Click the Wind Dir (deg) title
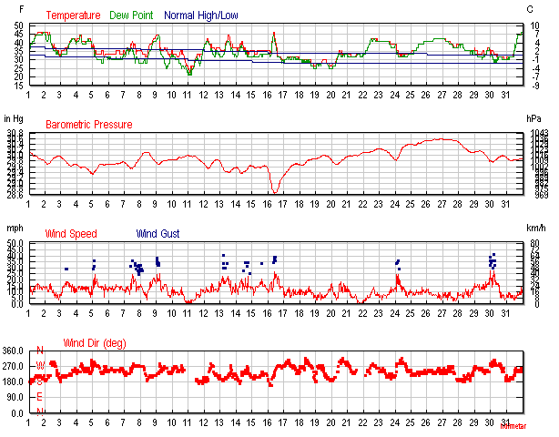[94, 343]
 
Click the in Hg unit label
[14, 118]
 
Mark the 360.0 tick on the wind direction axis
[14, 351]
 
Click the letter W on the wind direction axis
[39, 366]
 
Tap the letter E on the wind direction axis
[39, 397]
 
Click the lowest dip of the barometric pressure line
[274, 192]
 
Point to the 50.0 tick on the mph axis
[15, 243]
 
